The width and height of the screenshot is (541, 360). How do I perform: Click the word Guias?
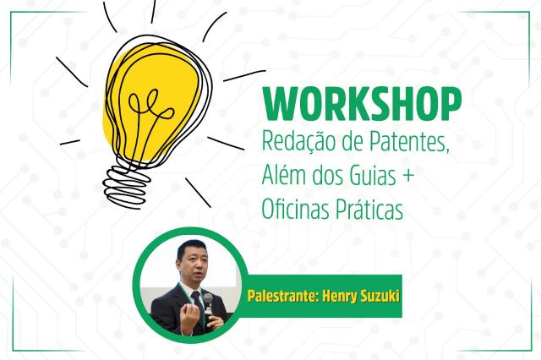(372, 175)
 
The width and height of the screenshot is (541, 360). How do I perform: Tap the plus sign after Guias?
(408, 176)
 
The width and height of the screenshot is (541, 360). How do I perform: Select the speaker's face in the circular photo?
(194, 266)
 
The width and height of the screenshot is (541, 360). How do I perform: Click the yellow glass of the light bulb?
(152, 103)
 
